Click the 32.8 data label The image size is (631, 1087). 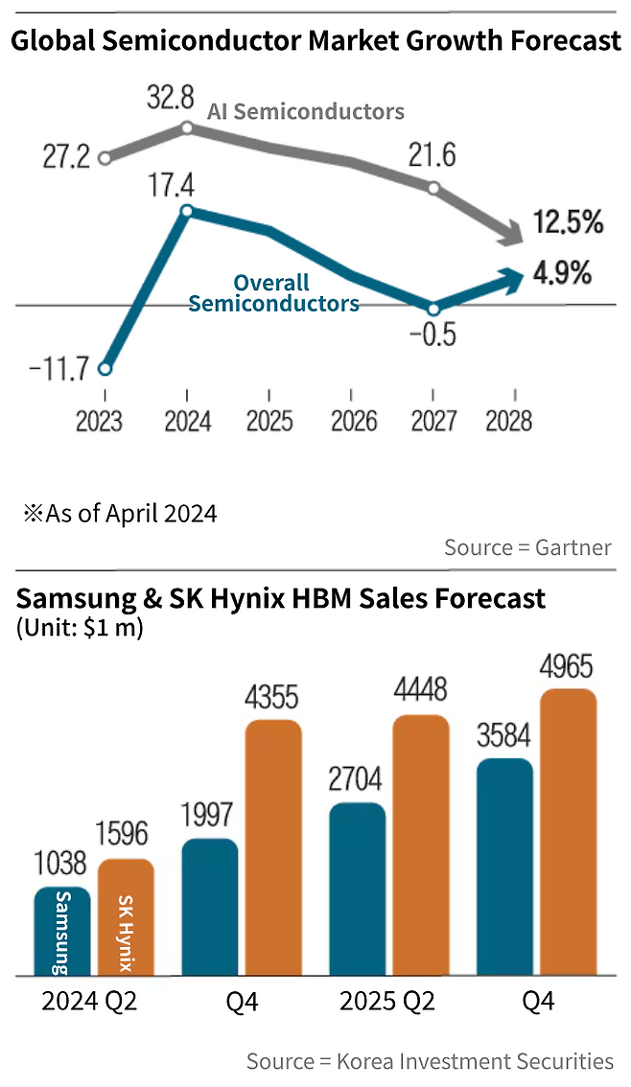pyautogui.click(x=171, y=98)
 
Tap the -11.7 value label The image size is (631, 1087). pyautogui.click(x=58, y=368)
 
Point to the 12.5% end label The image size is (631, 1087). pyautogui.click(x=568, y=223)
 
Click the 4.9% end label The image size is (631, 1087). pyautogui.click(x=562, y=273)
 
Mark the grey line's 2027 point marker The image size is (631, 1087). pyautogui.click(x=434, y=188)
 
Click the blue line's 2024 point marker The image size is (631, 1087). pyautogui.click(x=187, y=211)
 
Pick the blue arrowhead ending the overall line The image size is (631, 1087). pyautogui.click(x=512, y=279)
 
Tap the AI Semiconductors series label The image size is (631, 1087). pyautogui.click(x=306, y=111)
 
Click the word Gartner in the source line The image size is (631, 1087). pyautogui.click(x=573, y=547)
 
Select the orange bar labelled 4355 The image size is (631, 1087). pyautogui.click(x=274, y=847)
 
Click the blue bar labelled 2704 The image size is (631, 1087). pyautogui.click(x=358, y=890)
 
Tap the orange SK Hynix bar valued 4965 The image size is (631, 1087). pyautogui.click(x=569, y=833)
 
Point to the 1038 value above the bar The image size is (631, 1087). pyautogui.click(x=60, y=863)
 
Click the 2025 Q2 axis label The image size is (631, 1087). pyautogui.click(x=386, y=1002)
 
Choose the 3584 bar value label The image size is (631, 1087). pyautogui.click(x=504, y=735)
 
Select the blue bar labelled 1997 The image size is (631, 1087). pyautogui.click(x=210, y=908)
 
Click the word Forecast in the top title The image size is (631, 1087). pyautogui.click(x=566, y=41)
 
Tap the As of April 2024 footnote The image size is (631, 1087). pyautogui.click(x=121, y=514)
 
